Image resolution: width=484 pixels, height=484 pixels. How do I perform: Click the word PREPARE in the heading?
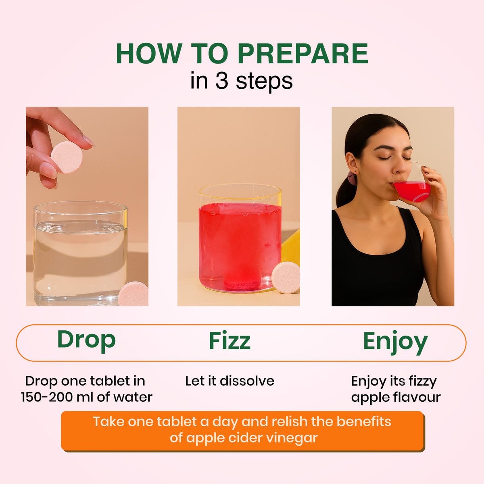(x=302, y=53)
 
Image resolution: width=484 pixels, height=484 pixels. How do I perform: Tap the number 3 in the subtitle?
(x=222, y=81)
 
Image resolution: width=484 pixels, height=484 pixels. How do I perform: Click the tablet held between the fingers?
(x=67, y=157)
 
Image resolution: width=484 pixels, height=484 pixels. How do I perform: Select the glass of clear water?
(x=80, y=253)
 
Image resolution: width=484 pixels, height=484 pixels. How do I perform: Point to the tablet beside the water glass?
(x=134, y=294)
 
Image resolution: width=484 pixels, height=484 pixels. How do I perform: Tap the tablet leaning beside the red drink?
(x=286, y=277)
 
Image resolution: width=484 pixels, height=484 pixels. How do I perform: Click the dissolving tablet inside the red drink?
(x=241, y=285)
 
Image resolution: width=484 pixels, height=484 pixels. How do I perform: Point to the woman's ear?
(x=352, y=164)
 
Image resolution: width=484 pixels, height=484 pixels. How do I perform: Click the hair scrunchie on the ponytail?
(x=352, y=178)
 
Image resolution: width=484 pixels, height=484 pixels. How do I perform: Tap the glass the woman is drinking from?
(x=412, y=182)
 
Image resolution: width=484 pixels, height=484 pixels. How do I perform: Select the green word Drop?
(x=86, y=340)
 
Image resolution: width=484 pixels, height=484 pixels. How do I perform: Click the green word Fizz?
(x=229, y=340)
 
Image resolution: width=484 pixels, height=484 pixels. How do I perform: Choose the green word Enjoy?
(x=395, y=342)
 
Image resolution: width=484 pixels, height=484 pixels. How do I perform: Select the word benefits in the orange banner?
(x=364, y=421)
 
